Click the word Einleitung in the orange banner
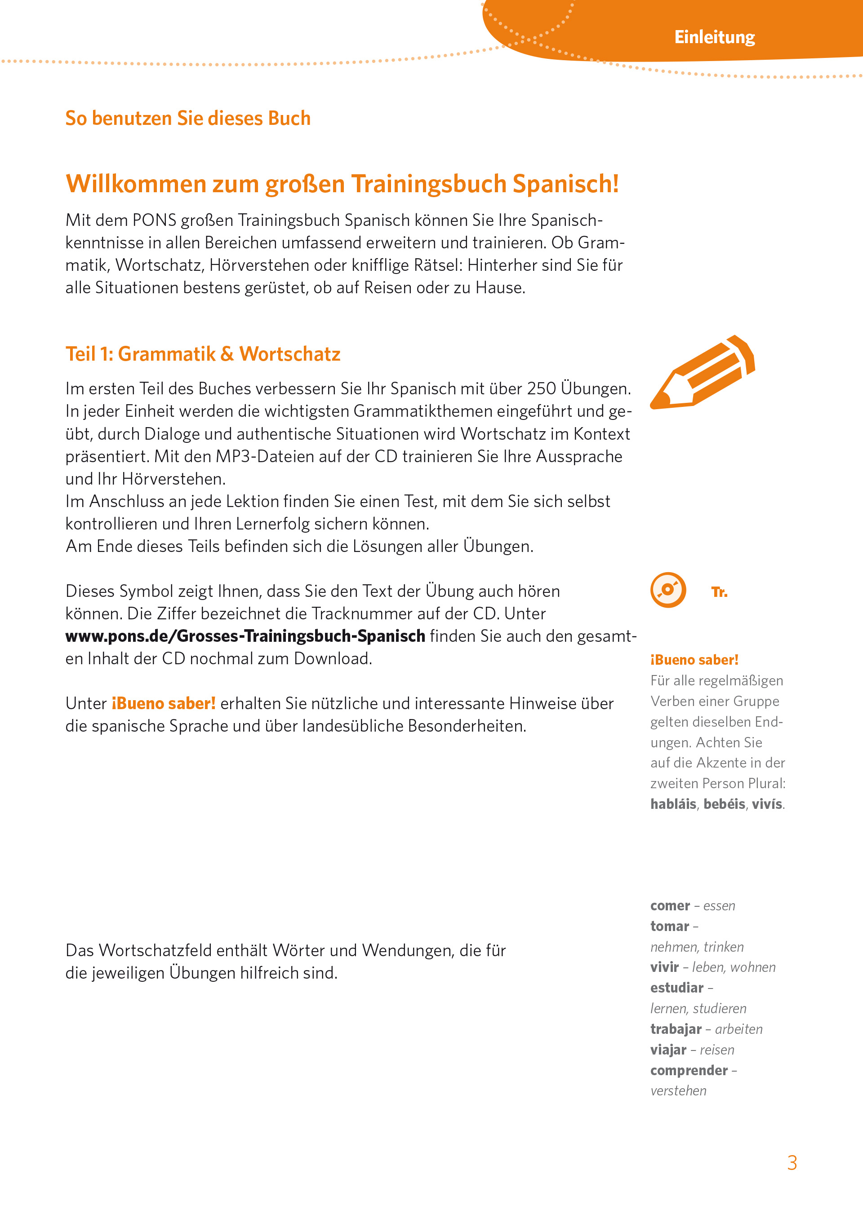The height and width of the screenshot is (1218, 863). (x=714, y=37)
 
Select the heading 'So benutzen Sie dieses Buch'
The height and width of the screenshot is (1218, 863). (x=187, y=118)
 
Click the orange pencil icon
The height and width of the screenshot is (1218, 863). (x=702, y=372)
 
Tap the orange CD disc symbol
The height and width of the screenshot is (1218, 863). (x=668, y=589)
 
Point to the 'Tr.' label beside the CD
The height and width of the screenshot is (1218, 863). (x=719, y=591)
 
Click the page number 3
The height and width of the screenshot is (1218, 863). (x=792, y=1162)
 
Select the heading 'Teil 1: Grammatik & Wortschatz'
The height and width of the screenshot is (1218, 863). (x=202, y=353)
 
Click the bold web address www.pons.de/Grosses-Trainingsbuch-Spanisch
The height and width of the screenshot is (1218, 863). (x=245, y=635)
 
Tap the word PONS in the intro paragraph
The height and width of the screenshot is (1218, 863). (x=154, y=220)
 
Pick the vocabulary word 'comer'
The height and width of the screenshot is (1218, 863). (x=670, y=905)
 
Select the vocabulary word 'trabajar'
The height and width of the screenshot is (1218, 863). (x=676, y=1029)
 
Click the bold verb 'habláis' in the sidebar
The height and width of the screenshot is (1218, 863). (x=673, y=804)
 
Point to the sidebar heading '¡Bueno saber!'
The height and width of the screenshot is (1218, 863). (x=694, y=659)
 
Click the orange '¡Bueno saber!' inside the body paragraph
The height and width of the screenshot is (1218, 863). (x=163, y=703)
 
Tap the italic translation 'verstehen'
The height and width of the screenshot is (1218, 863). (x=678, y=1090)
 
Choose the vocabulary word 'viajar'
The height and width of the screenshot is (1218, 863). (x=668, y=1050)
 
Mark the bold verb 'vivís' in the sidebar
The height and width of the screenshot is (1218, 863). (x=766, y=804)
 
